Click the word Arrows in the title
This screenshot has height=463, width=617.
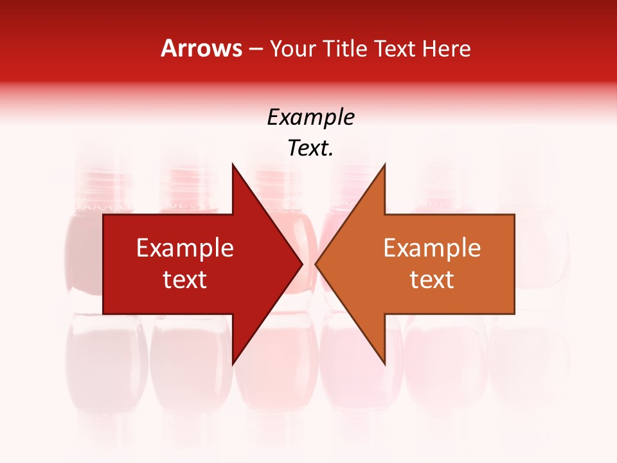(x=201, y=48)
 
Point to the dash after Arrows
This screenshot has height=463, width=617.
(x=255, y=49)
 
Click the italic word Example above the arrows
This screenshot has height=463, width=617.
(x=310, y=118)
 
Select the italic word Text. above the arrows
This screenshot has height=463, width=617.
(x=310, y=149)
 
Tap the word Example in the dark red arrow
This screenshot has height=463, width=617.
(x=185, y=248)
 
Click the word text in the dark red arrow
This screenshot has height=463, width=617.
(x=185, y=280)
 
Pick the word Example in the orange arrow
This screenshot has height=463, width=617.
(x=432, y=248)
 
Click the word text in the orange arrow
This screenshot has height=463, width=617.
(x=432, y=280)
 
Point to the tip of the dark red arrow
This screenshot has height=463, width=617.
(x=301, y=264)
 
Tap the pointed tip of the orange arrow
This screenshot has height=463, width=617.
(x=317, y=264)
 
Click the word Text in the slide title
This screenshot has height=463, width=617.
(x=395, y=48)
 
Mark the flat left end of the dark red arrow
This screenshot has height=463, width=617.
(x=105, y=264)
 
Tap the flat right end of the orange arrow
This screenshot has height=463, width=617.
(x=513, y=264)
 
